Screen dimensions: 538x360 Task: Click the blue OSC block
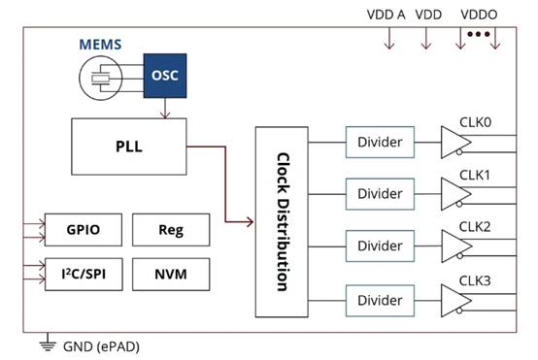pos(165,76)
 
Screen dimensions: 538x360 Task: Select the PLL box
pos(129,147)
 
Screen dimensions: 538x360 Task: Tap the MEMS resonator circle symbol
pos(101,79)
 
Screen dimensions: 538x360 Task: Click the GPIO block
pos(84,230)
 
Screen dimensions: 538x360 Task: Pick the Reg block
pos(171,230)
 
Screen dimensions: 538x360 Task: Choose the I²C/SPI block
pos(84,275)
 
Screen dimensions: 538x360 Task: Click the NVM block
pos(171,275)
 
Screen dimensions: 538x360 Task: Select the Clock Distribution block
pos(282,222)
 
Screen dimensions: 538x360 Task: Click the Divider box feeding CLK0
pos(380,143)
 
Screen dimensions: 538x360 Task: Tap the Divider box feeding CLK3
pos(380,301)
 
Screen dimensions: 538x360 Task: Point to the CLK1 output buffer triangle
pos(454,194)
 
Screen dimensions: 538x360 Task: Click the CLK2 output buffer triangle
pos(454,246)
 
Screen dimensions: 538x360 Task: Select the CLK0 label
pos(475,122)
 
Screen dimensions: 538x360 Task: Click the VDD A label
pos(386,15)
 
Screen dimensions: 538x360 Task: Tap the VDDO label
pos(479,15)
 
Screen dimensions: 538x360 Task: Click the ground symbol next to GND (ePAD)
pos(48,345)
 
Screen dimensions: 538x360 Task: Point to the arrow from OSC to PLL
pos(165,109)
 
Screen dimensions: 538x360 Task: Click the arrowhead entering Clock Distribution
pos(250,222)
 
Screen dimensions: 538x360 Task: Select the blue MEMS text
pos(100,45)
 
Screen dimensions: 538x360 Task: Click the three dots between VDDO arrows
pos(478,34)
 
